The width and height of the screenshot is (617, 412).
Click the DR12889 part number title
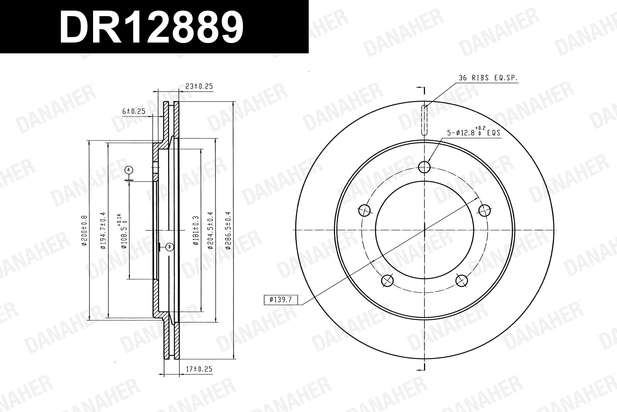coord(152,27)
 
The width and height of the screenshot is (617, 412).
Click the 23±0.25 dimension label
coord(199,87)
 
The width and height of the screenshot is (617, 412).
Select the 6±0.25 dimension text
coord(134,111)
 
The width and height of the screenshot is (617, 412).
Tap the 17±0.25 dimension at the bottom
coord(199,369)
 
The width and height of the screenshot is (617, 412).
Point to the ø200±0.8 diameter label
coord(84,231)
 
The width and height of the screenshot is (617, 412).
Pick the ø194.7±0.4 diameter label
coord(103,230)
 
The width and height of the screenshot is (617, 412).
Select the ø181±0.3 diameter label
coord(196,231)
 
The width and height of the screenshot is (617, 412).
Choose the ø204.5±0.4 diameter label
coord(210,230)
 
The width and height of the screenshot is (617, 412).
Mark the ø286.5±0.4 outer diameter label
coord(228,230)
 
